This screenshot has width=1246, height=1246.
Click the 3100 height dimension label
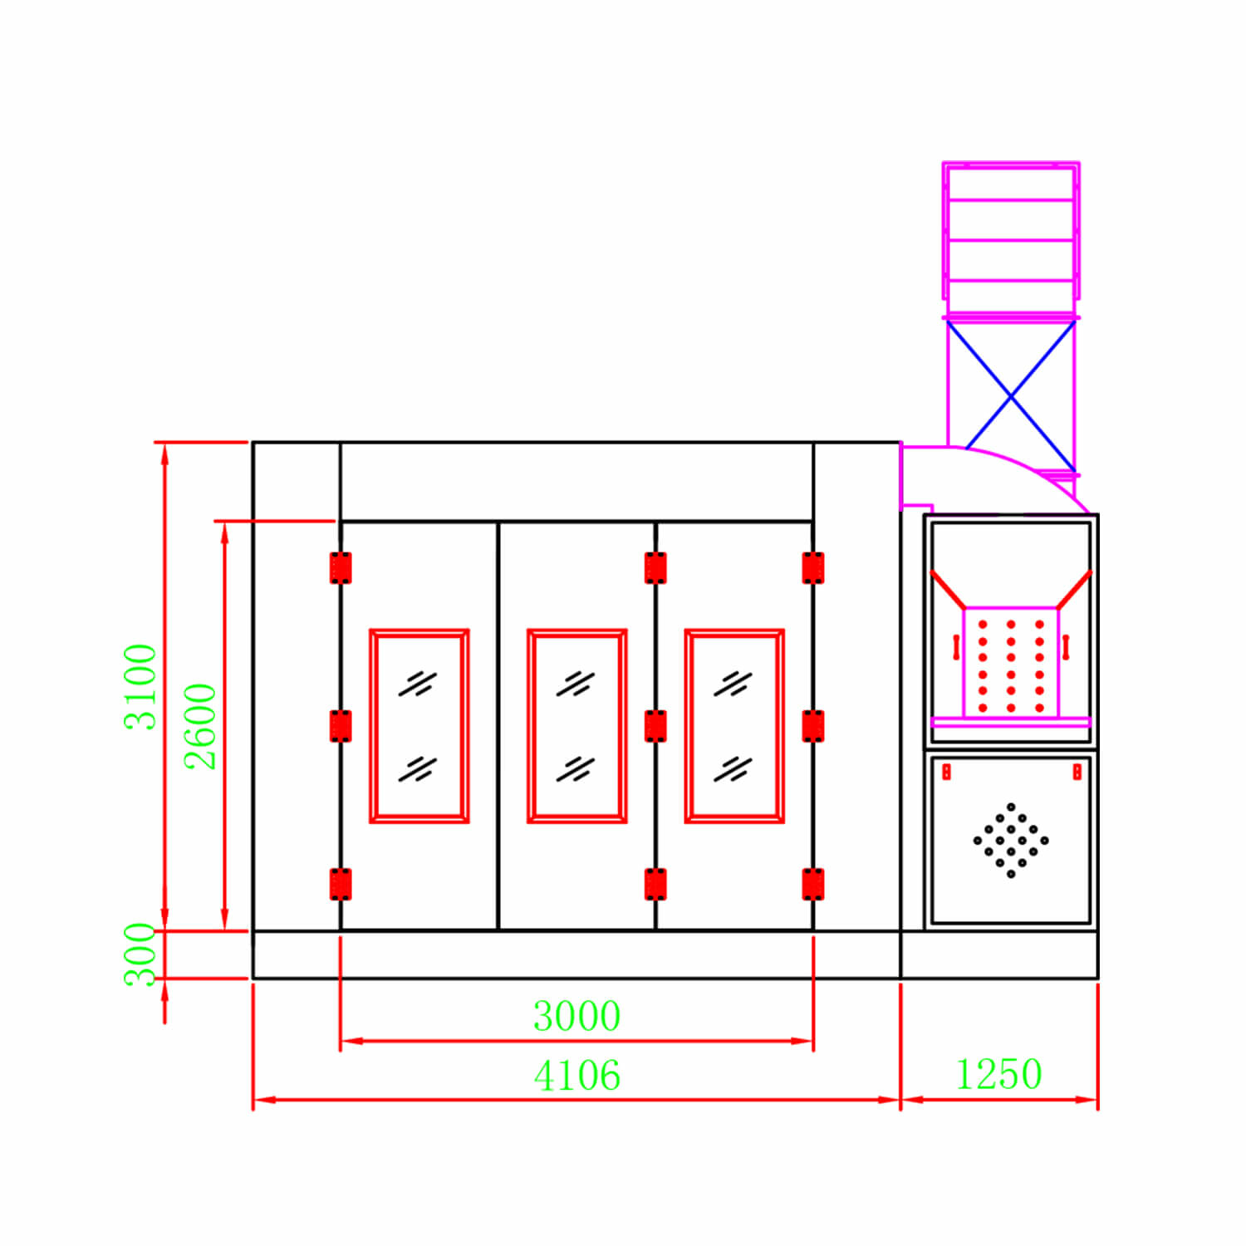(140, 687)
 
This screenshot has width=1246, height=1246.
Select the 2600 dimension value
(200, 727)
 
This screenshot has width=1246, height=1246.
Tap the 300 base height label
(140, 954)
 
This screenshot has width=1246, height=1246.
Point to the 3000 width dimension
(576, 1016)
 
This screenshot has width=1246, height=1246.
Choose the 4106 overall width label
(576, 1076)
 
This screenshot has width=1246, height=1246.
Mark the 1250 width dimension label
(998, 1074)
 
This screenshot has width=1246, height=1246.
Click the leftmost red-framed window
(419, 726)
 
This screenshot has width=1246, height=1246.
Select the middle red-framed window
(577, 726)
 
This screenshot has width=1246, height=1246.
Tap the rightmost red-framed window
(734, 726)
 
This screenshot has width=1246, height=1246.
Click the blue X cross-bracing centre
(1011, 398)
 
